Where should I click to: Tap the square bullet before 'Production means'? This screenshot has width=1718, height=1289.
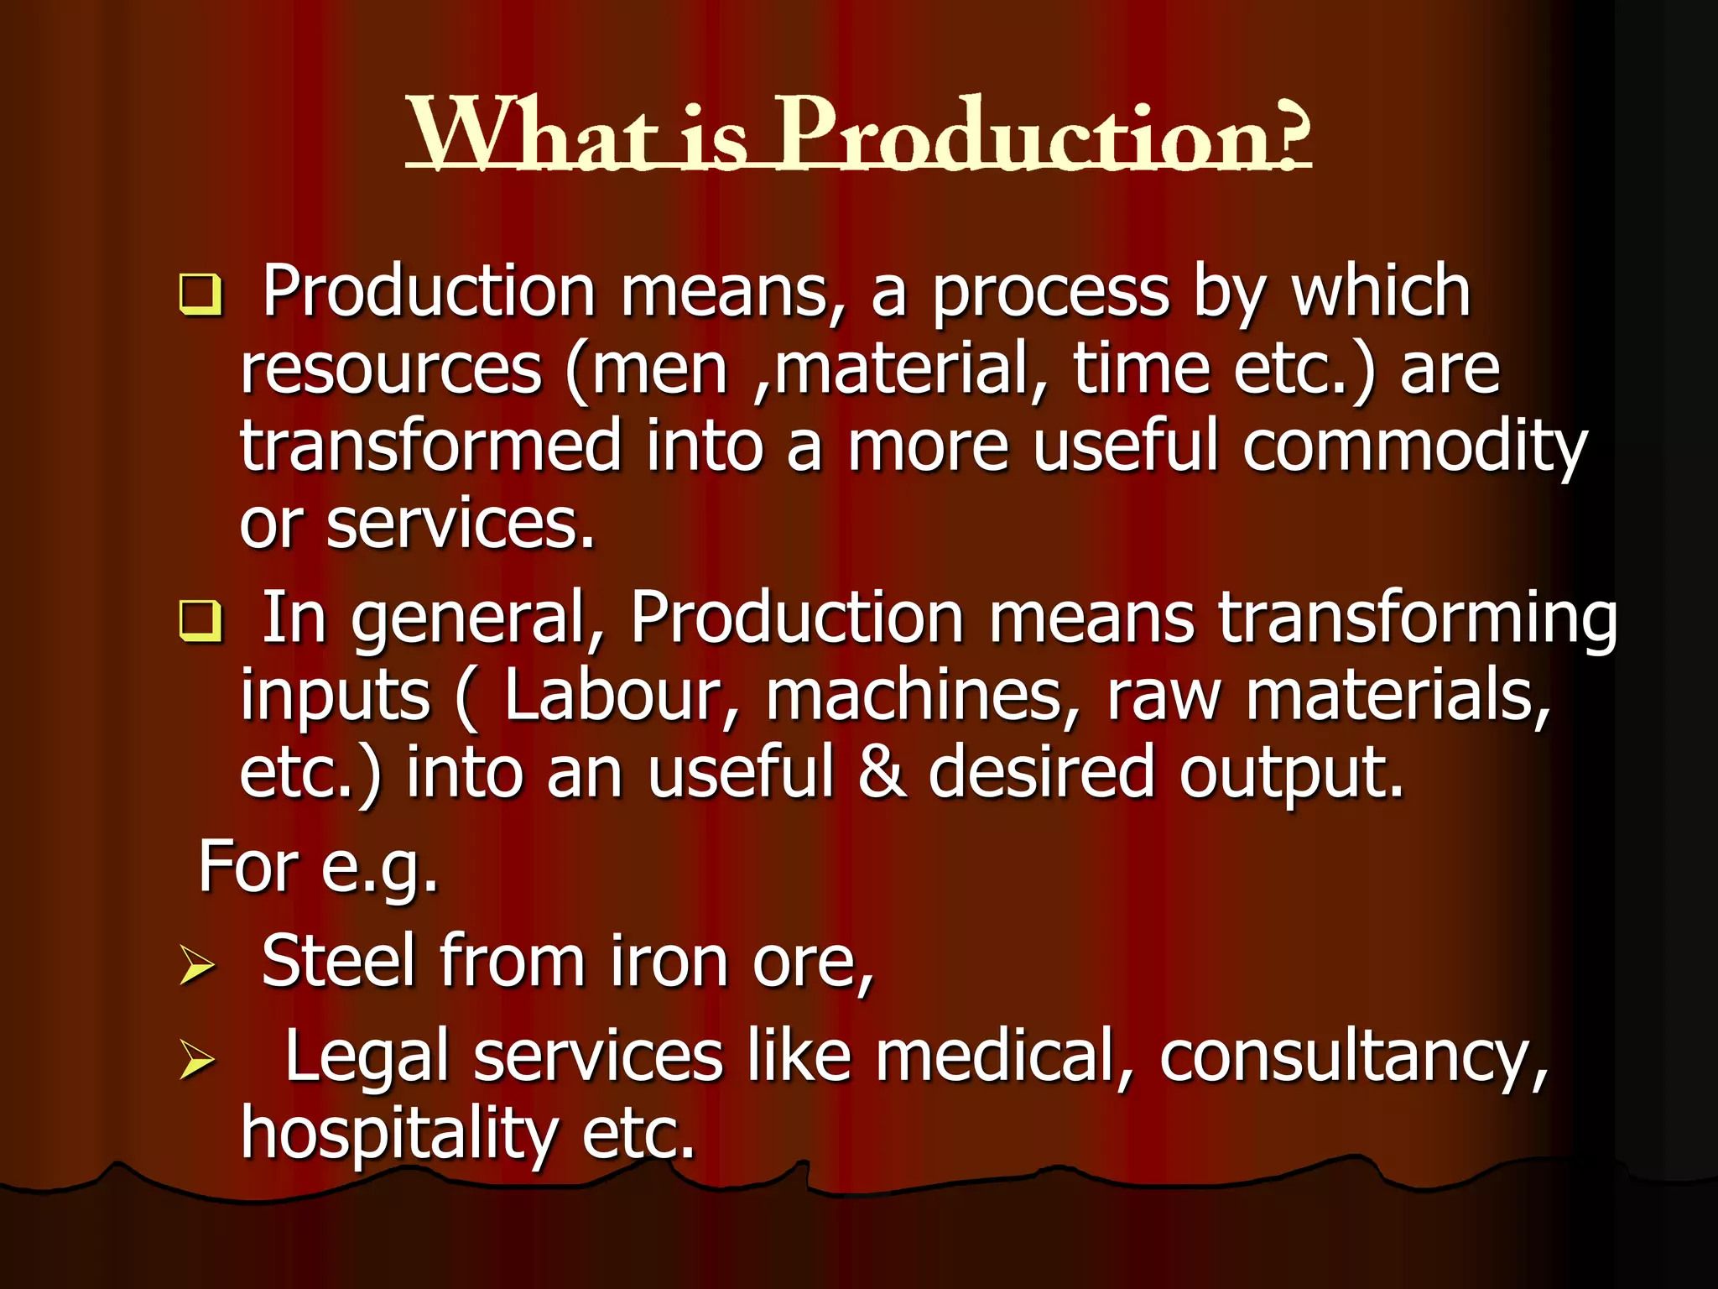click(200, 295)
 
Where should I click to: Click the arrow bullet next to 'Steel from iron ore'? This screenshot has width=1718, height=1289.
click(197, 965)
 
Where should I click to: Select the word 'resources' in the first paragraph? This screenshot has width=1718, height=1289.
click(391, 370)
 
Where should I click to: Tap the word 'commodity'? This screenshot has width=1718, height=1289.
click(1415, 447)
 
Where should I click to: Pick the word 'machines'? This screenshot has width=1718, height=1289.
click(914, 697)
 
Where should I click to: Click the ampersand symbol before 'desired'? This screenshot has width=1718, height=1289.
click(882, 772)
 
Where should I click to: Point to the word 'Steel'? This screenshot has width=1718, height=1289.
click(339, 962)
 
